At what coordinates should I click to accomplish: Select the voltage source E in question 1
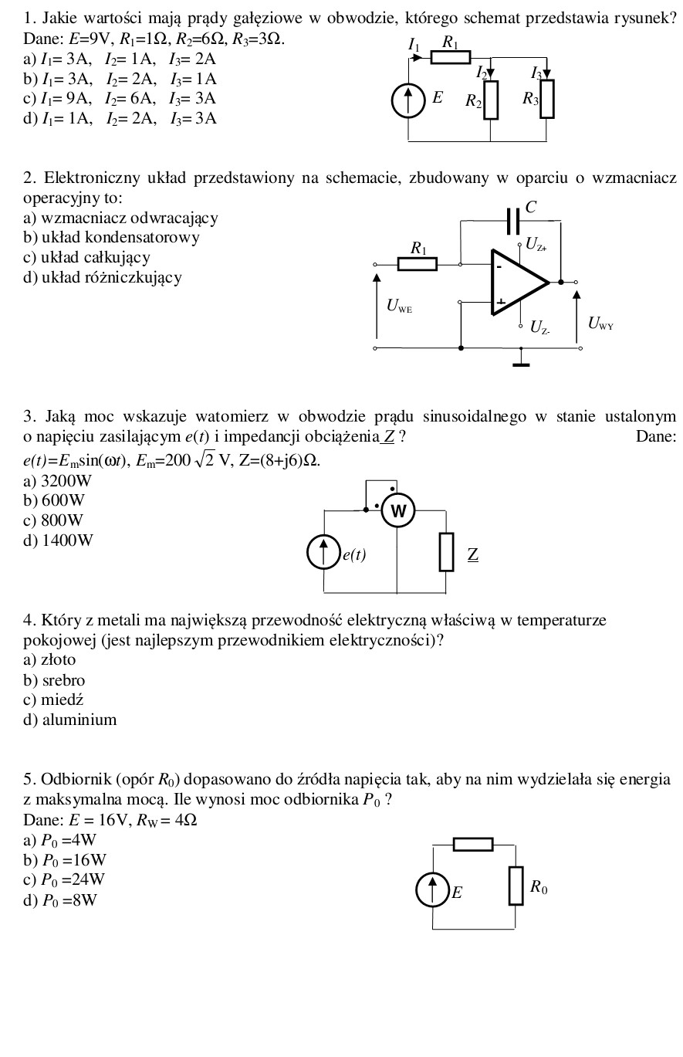408,100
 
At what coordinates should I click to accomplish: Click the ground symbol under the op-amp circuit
522,361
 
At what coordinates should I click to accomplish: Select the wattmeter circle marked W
398,511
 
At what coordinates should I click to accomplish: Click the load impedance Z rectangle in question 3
446,552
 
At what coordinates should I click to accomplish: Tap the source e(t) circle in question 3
323,552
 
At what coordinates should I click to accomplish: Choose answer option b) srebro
55,680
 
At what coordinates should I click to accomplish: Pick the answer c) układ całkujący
86,257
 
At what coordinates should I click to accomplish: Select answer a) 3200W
58,481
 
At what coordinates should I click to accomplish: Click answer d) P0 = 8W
61,899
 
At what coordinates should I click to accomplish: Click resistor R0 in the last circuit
516,886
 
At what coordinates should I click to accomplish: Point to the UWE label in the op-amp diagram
399,306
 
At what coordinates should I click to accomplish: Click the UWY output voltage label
600,324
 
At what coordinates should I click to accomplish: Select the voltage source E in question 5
432,889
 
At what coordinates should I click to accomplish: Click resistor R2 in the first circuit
491,101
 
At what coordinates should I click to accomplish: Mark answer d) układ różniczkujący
103,277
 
